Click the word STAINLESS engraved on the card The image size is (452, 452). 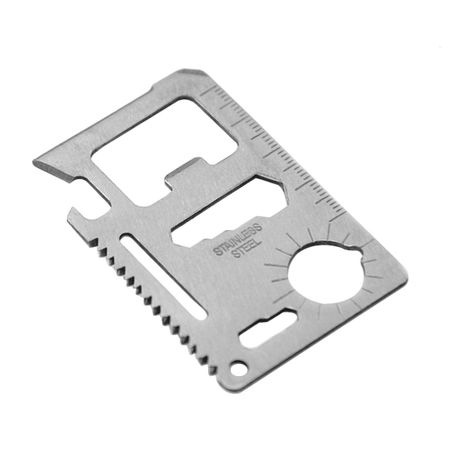pos(238,239)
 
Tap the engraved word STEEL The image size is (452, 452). pos(246,249)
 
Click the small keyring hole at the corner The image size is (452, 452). pos(239,368)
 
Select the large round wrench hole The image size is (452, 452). pos(326,274)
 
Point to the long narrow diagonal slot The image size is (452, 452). pos(164,275)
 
